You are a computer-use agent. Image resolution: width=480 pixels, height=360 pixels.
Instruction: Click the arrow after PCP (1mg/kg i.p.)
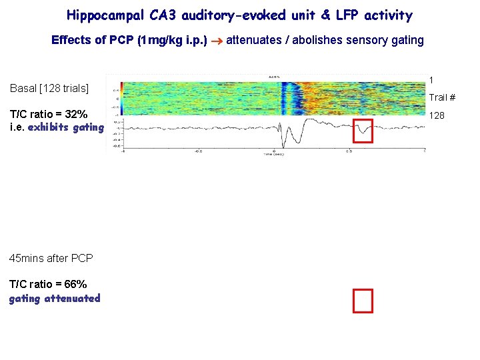tap(215, 41)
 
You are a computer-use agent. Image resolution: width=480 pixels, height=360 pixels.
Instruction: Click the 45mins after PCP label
tap(51, 258)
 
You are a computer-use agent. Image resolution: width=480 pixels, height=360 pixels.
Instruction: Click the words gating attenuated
tap(55, 298)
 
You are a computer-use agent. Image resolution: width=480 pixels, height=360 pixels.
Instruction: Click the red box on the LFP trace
tap(363, 131)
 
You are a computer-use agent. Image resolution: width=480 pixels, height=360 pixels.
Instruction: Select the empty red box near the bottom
tap(363, 301)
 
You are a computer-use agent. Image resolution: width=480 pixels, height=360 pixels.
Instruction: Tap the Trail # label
tap(442, 98)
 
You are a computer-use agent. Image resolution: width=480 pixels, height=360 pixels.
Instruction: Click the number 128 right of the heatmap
tap(437, 115)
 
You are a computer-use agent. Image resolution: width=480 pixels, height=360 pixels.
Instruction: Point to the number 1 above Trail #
tap(431, 80)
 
